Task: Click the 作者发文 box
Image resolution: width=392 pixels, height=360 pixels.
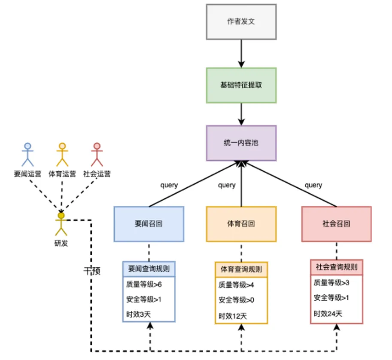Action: [x=241, y=22]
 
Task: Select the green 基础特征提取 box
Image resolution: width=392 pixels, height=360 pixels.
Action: [x=241, y=85]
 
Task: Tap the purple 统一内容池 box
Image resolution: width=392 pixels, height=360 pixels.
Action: [x=241, y=143]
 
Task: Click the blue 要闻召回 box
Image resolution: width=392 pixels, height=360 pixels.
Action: [x=149, y=224]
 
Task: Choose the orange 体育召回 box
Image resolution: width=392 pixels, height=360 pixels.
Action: [x=241, y=224]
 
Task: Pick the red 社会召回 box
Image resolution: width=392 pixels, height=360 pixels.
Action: [x=337, y=224]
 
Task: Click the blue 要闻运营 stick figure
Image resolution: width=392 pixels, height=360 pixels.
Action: [x=27, y=155]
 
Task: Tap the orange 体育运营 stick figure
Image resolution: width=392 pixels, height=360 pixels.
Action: [x=62, y=155]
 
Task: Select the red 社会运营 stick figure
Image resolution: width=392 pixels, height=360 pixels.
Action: [x=97, y=155]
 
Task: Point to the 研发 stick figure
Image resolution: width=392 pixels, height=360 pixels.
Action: [x=61, y=224]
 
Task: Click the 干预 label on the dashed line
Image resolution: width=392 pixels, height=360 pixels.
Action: [x=92, y=271]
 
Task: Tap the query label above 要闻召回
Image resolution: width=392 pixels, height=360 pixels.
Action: [x=169, y=186]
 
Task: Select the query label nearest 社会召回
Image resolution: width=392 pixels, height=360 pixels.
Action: [x=313, y=186]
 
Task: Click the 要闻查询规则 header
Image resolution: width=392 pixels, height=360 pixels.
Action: [x=149, y=268]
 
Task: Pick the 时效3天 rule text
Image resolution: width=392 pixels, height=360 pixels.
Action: [x=139, y=314]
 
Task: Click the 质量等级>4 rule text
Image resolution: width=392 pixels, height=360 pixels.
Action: [x=236, y=285]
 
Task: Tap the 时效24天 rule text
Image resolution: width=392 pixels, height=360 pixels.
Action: [x=328, y=314]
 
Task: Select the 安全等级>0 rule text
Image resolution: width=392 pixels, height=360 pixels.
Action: [x=236, y=300]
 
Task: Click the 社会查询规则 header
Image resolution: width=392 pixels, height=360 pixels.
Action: [x=337, y=267]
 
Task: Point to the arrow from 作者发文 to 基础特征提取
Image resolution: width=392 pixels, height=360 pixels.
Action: [x=241, y=54]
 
